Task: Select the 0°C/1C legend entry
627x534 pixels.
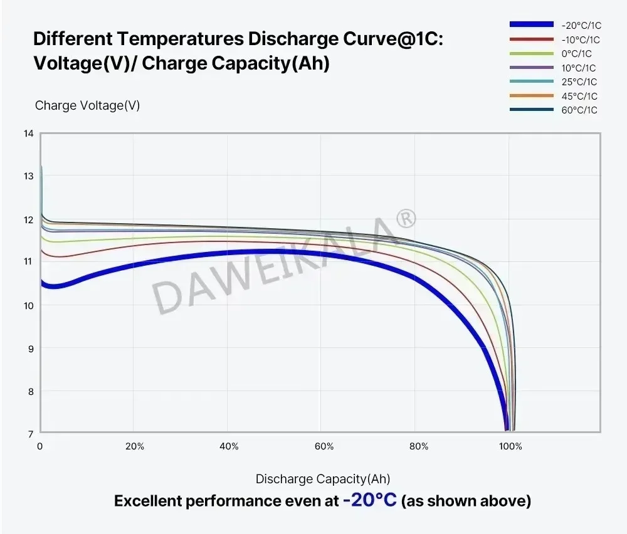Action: [576, 54]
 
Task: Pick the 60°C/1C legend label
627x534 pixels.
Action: [579, 110]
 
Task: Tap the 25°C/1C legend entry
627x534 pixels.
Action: [579, 82]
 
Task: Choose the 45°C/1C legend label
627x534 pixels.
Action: [579, 96]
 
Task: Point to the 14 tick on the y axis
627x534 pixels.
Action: [29, 133]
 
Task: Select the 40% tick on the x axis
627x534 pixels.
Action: [229, 447]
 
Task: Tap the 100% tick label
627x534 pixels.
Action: [510, 447]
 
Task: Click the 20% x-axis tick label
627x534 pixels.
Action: [134, 447]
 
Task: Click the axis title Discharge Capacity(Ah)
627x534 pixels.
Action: [322, 479]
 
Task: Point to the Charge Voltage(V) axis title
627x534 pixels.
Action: [87, 105]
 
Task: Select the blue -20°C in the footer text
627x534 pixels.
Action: [370, 501]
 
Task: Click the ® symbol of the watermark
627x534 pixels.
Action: [406, 218]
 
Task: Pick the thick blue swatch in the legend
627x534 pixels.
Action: [531, 24]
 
